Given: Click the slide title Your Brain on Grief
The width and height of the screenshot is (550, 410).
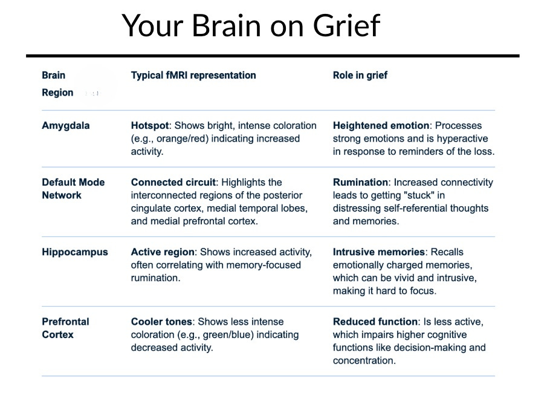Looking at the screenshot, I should [251, 25].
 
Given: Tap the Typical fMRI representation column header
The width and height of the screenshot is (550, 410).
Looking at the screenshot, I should [193, 76].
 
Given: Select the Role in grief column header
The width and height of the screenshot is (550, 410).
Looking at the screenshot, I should [360, 76].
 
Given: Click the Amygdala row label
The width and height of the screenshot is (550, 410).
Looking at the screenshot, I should [66, 126].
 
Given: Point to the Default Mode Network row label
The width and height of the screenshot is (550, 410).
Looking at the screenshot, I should [73, 189].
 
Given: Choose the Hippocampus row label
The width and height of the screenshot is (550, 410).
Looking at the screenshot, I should [75, 252].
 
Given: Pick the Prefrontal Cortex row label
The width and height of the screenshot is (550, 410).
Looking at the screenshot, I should [65, 328].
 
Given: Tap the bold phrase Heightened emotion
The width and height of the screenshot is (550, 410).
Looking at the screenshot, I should [381, 126].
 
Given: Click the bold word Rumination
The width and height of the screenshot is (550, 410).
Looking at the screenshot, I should [360, 183].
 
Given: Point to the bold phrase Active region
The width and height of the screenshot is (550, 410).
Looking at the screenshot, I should [163, 252].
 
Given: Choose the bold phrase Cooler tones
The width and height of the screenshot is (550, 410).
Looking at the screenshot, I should [161, 322].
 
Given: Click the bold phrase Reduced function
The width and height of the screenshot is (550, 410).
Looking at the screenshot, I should [375, 322].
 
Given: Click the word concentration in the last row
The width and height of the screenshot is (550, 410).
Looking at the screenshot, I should [363, 361].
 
